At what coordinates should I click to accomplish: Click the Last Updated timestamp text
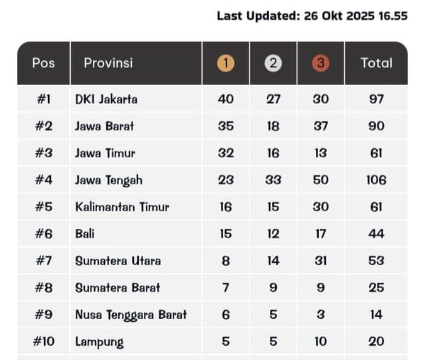click(x=312, y=16)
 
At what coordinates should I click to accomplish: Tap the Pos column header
click(x=43, y=62)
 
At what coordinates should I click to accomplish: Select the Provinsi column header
click(x=108, y=62)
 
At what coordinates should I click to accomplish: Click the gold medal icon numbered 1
click(x=225, y=63)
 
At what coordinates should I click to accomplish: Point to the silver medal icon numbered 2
click(x=273, y=63)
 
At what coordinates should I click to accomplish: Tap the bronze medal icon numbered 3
click(x=320, y=63)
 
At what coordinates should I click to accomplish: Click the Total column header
click(x=376, y=62)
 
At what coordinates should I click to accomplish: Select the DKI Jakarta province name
click(x=106, y=99)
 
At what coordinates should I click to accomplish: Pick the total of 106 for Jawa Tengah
click(x=376, y=180)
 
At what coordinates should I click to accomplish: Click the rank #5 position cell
click(x=43, y=207)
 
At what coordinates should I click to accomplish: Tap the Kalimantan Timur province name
click(x=123, y=207)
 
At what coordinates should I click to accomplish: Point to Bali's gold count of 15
click(x=225, y=234)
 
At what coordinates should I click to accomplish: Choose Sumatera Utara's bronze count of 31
click(x=320, y=261)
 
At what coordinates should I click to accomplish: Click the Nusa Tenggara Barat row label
click(x=131, y=315)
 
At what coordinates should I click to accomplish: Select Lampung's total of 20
click(x=376, y=342)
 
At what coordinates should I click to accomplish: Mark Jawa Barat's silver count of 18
click(x=273, y=126)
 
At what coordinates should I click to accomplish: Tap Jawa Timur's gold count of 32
click(x=225, y=153)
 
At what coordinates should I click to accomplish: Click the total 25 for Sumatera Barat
click(x=376, y=288)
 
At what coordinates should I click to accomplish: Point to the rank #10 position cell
click(x=43, y=342)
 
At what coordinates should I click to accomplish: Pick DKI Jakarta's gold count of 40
click(x=225, y=99)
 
